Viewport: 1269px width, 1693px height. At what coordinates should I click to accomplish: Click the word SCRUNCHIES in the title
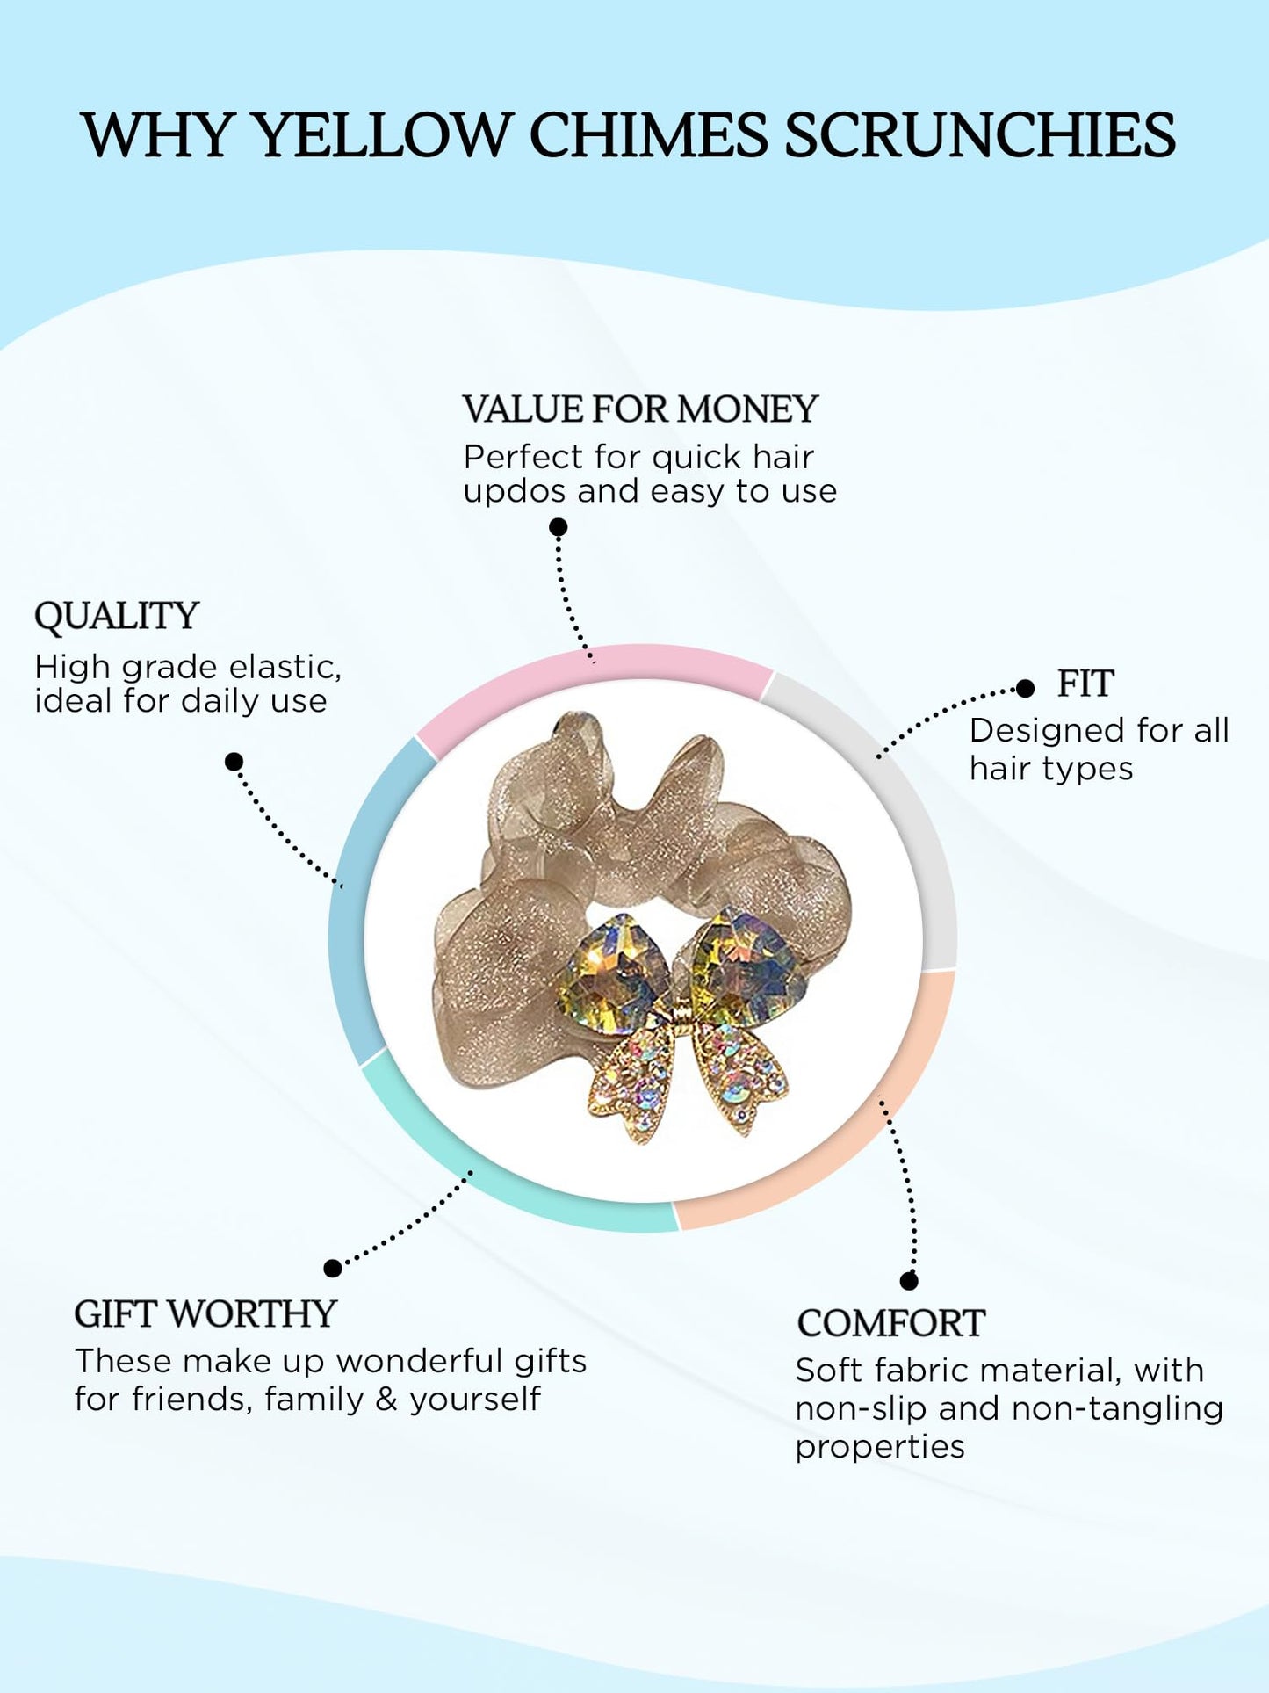tap(979, 135)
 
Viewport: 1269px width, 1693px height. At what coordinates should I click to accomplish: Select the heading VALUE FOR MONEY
tap(640, 409)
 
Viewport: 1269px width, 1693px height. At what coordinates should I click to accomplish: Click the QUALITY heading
tap(117, 616)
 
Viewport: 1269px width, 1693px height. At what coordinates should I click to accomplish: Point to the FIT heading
tap(1085, 684)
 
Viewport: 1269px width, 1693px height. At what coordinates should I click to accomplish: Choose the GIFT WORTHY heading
tap(205, 1314)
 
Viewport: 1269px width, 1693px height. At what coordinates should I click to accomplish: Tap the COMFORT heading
tap(890, 1323)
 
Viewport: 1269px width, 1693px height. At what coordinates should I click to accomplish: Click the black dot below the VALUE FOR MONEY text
tap(559, 527)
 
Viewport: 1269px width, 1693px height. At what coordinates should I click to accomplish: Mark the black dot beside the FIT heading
tap(1025, 689)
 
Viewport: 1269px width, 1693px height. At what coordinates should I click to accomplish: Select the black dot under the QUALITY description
tap(234, 762)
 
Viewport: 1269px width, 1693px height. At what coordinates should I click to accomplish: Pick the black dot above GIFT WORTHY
tap(333, 1268)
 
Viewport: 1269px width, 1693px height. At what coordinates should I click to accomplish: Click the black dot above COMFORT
tap(909, 1281)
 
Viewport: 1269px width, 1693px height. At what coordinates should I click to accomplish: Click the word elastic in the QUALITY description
tap(285, 667)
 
